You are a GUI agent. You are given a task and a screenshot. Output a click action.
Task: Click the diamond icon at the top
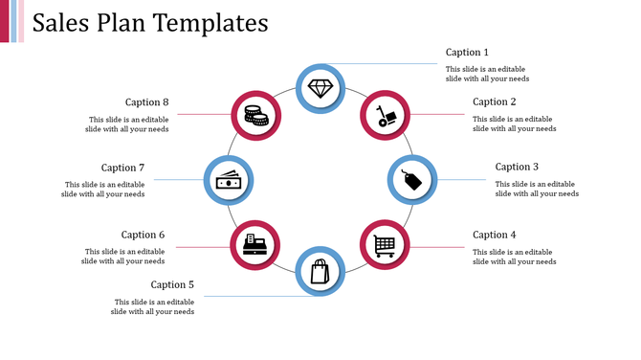(320, 88)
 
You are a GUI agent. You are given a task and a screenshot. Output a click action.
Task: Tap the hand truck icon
(385, 116)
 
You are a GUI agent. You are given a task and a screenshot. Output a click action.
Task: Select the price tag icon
(411, 180)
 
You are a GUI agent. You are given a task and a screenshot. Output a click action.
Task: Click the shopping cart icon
(385, 246)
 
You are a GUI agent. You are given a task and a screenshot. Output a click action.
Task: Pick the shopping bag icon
(320, 272)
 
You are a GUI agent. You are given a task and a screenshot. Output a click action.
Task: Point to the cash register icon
(254, 245)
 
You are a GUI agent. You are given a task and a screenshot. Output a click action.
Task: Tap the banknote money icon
(228, 180)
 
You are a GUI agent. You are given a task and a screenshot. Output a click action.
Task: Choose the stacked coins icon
(254, 115)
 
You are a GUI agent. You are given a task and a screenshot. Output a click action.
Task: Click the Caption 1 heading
(467, 53)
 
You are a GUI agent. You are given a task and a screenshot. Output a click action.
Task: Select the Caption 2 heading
(495, 101)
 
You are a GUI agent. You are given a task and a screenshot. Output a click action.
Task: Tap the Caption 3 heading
(517, 167)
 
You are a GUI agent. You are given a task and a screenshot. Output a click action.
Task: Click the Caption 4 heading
(495, 235)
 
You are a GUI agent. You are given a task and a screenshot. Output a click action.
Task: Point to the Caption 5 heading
(172, 284)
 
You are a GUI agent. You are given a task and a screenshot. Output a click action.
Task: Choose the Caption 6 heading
(144, 235)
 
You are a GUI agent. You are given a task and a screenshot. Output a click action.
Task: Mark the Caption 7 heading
(122, 168)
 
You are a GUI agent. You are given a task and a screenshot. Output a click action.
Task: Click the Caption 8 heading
(147, 101)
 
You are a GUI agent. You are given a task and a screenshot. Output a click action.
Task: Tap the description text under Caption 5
(152, 306)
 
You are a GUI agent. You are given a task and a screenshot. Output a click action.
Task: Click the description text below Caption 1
(487, 74)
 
